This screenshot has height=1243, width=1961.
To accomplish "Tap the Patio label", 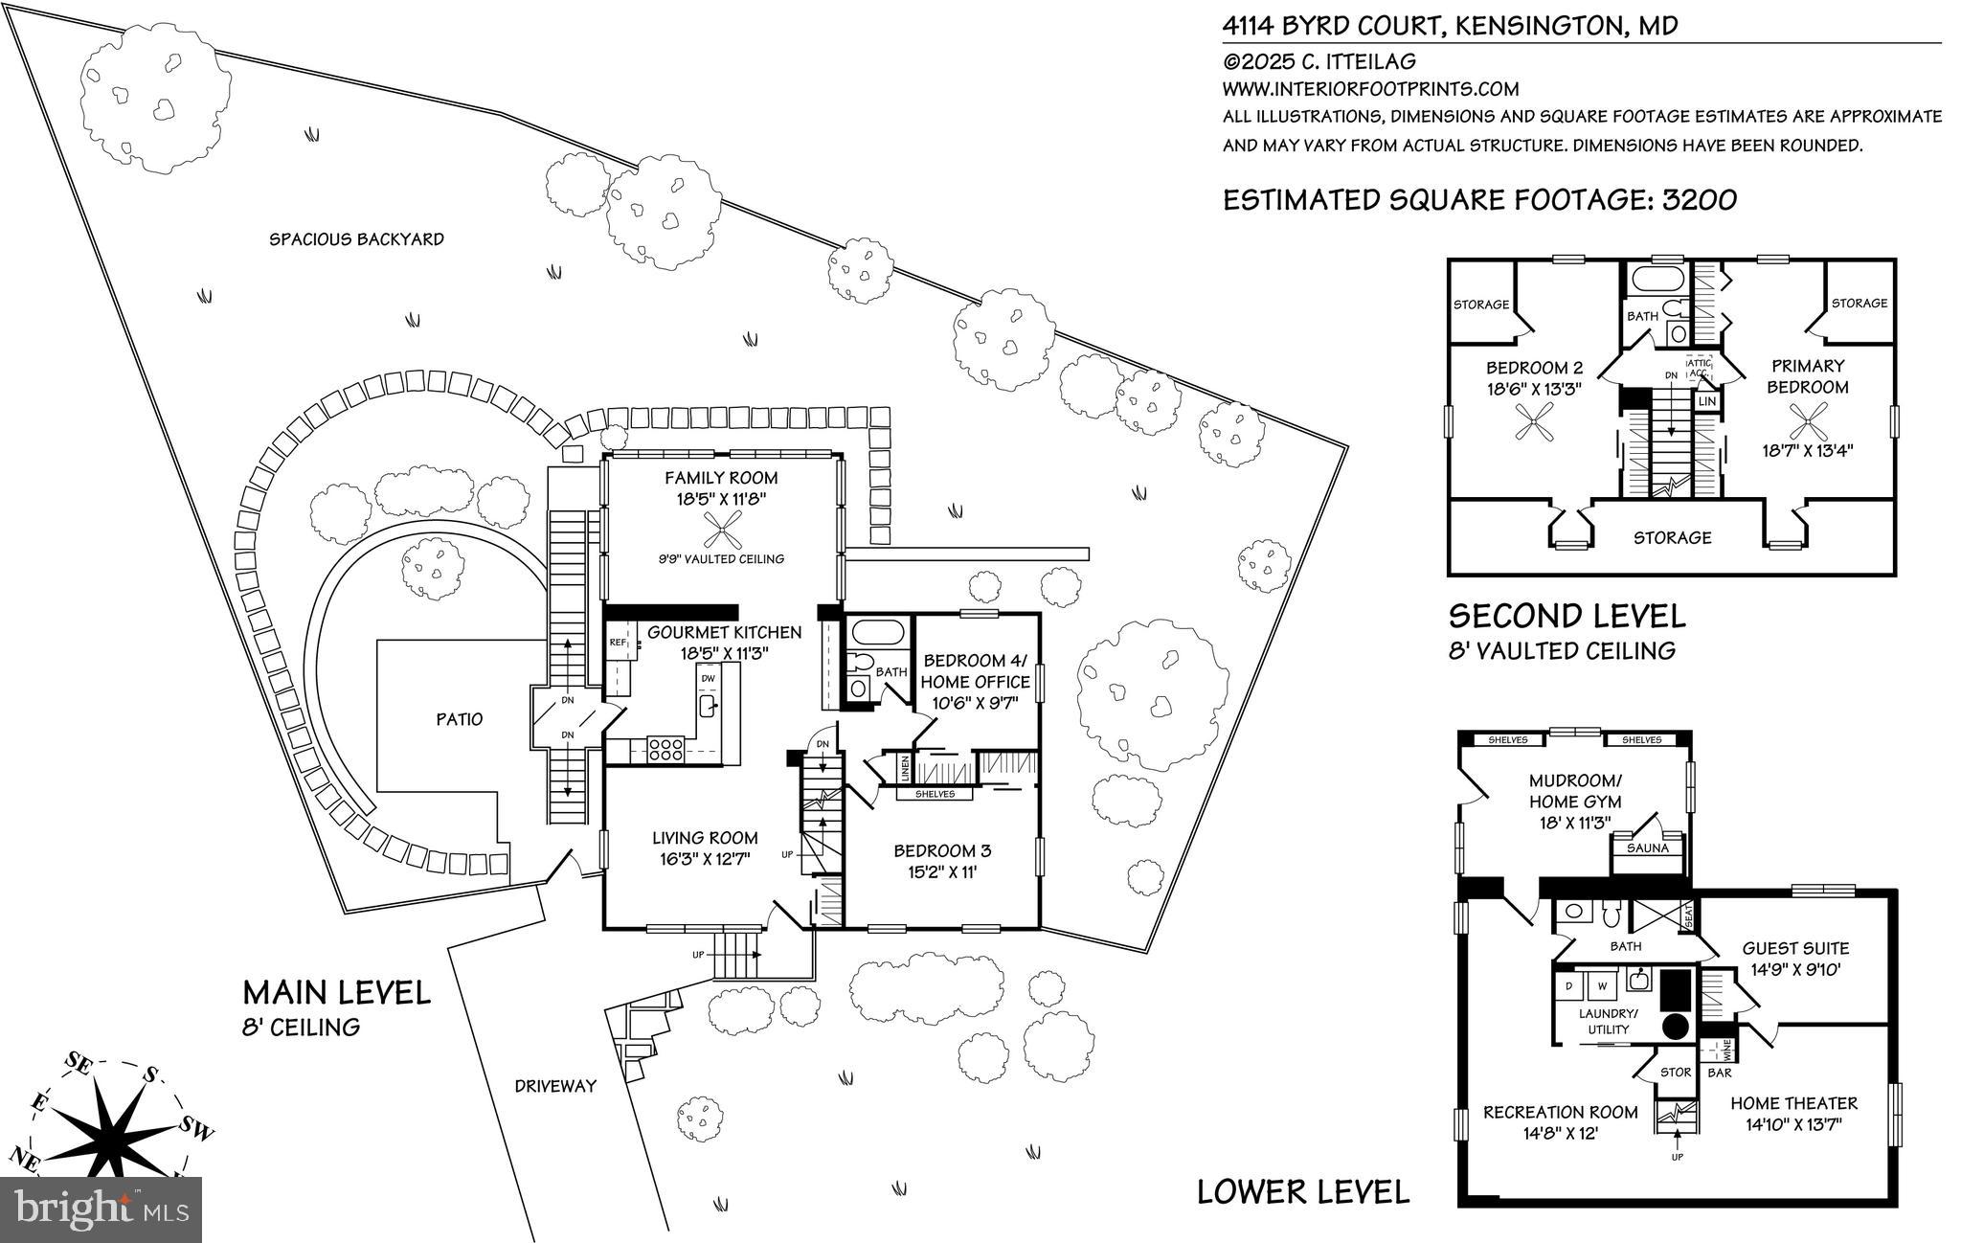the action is (x=460, y=719).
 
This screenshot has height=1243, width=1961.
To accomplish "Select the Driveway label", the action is (x=555, y=1086).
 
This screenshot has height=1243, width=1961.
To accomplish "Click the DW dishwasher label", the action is (x=709, y=679).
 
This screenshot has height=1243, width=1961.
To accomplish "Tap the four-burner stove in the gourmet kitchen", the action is (x=665, y=747).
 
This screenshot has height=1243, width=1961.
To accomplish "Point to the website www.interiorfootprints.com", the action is (x=1371, y=89).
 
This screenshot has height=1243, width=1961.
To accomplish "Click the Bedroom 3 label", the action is (x=942, y=850).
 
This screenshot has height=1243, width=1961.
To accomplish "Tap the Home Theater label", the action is (x=1793, y=1103).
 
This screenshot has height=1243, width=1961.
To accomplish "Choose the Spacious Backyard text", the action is (x=356, y=238).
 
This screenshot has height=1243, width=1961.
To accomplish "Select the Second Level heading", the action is (x=1567, y=615).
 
